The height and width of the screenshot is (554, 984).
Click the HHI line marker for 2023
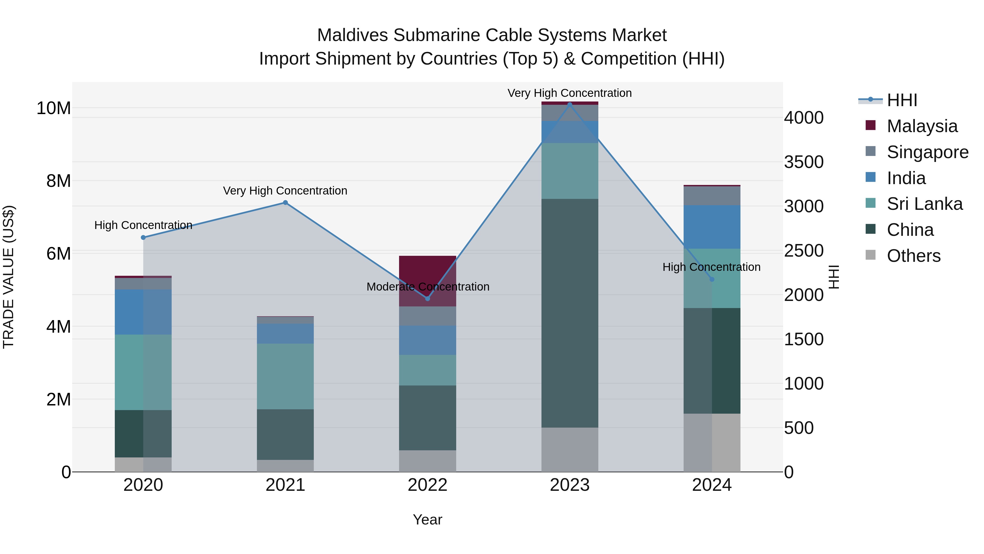coord(570,105)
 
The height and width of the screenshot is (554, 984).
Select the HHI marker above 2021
coord(285,203)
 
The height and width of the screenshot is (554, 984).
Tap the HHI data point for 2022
coord(427,298)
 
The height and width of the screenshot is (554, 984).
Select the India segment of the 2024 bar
coord(712,227)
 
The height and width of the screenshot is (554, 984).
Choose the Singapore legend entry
coord(927,152)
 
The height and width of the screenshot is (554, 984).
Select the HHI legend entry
coord(901,100)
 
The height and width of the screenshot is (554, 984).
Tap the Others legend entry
coord(913,256)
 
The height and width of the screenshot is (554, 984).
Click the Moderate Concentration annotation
coord(427,287)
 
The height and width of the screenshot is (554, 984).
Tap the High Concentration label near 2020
coord(143,225)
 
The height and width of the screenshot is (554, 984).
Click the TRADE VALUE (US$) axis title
coord(8,277)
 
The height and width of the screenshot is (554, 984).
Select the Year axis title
coord(427,520)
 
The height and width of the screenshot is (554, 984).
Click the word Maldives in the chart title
coord(353,35)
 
